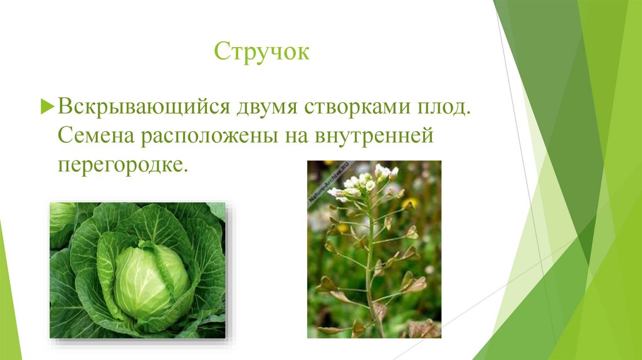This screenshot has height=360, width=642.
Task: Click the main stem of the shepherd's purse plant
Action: tap(370, 270)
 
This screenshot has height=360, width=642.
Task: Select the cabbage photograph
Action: tap(137, 270)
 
